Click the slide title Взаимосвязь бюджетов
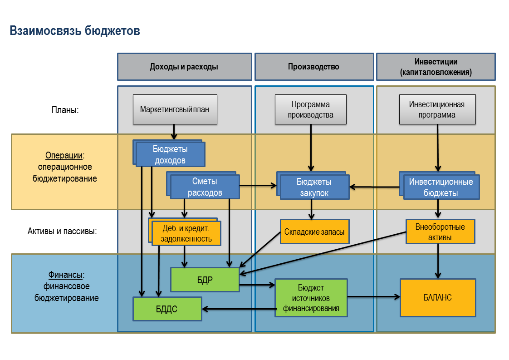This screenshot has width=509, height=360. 75,31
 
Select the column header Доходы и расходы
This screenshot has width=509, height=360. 184,67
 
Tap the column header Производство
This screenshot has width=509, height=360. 313,67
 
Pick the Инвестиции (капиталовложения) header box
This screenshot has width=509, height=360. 436,67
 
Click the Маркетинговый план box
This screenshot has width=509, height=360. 175,109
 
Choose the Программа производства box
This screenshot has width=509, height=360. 311,109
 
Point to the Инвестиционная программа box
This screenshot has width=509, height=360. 437,109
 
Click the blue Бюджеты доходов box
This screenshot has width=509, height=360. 171,154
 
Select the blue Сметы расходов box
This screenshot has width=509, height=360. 205,187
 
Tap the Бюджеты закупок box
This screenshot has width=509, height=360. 314,187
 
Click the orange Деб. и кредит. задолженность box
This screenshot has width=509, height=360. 186,233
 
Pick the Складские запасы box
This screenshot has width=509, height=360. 314,232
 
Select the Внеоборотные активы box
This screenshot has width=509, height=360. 440,232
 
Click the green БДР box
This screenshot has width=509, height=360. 205,280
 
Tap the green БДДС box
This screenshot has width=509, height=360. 167,309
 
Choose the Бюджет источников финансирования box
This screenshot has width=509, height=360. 311,298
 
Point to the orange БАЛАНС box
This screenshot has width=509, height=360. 438,298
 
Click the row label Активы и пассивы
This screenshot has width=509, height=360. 62,231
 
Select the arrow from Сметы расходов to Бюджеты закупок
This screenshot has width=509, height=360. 258,185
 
